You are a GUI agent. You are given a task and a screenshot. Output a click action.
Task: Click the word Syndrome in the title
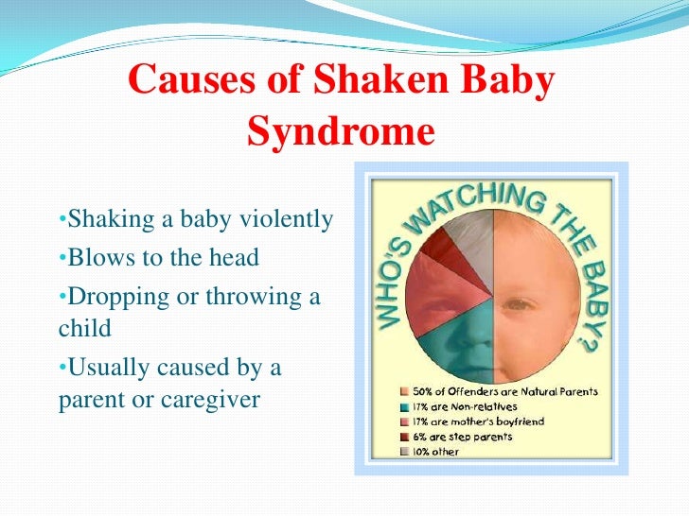tap(340, 131)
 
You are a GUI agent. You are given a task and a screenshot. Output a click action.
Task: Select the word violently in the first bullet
tap(286, 220)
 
